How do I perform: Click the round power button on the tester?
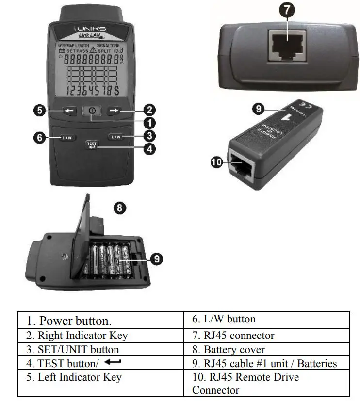[91, 111]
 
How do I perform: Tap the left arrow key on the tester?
[69, 111]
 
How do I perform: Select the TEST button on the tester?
[91, 145]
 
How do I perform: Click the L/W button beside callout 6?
[67, 138]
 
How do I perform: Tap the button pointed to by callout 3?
[116, 137]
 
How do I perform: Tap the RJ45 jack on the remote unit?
[241, 166]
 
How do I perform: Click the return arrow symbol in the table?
[112, 362]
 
